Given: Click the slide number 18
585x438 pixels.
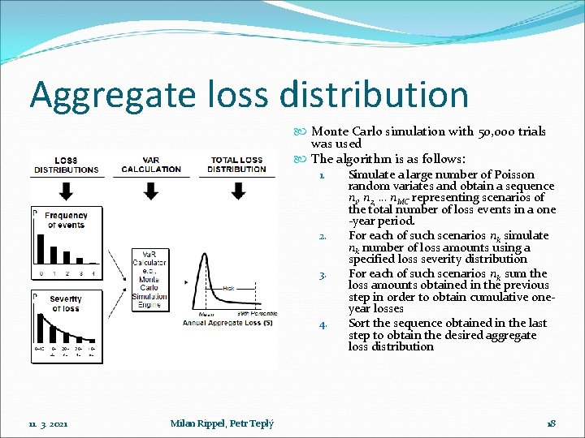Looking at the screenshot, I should [x=550, y=423].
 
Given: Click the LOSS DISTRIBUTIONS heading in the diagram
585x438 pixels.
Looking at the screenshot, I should [x=66, y=165].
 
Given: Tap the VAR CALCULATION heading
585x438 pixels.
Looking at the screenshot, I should [x=151, y=165].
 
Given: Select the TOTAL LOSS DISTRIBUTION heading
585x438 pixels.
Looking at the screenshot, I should [x=236, y=165].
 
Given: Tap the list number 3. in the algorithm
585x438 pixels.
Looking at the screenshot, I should [x=323, y=275].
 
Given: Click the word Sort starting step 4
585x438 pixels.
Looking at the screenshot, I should [x=359, y=323].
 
